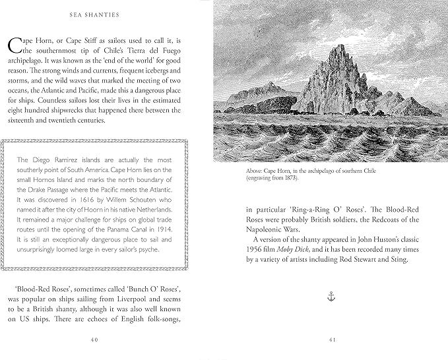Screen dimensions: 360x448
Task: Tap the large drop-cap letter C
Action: click(15, 47)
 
